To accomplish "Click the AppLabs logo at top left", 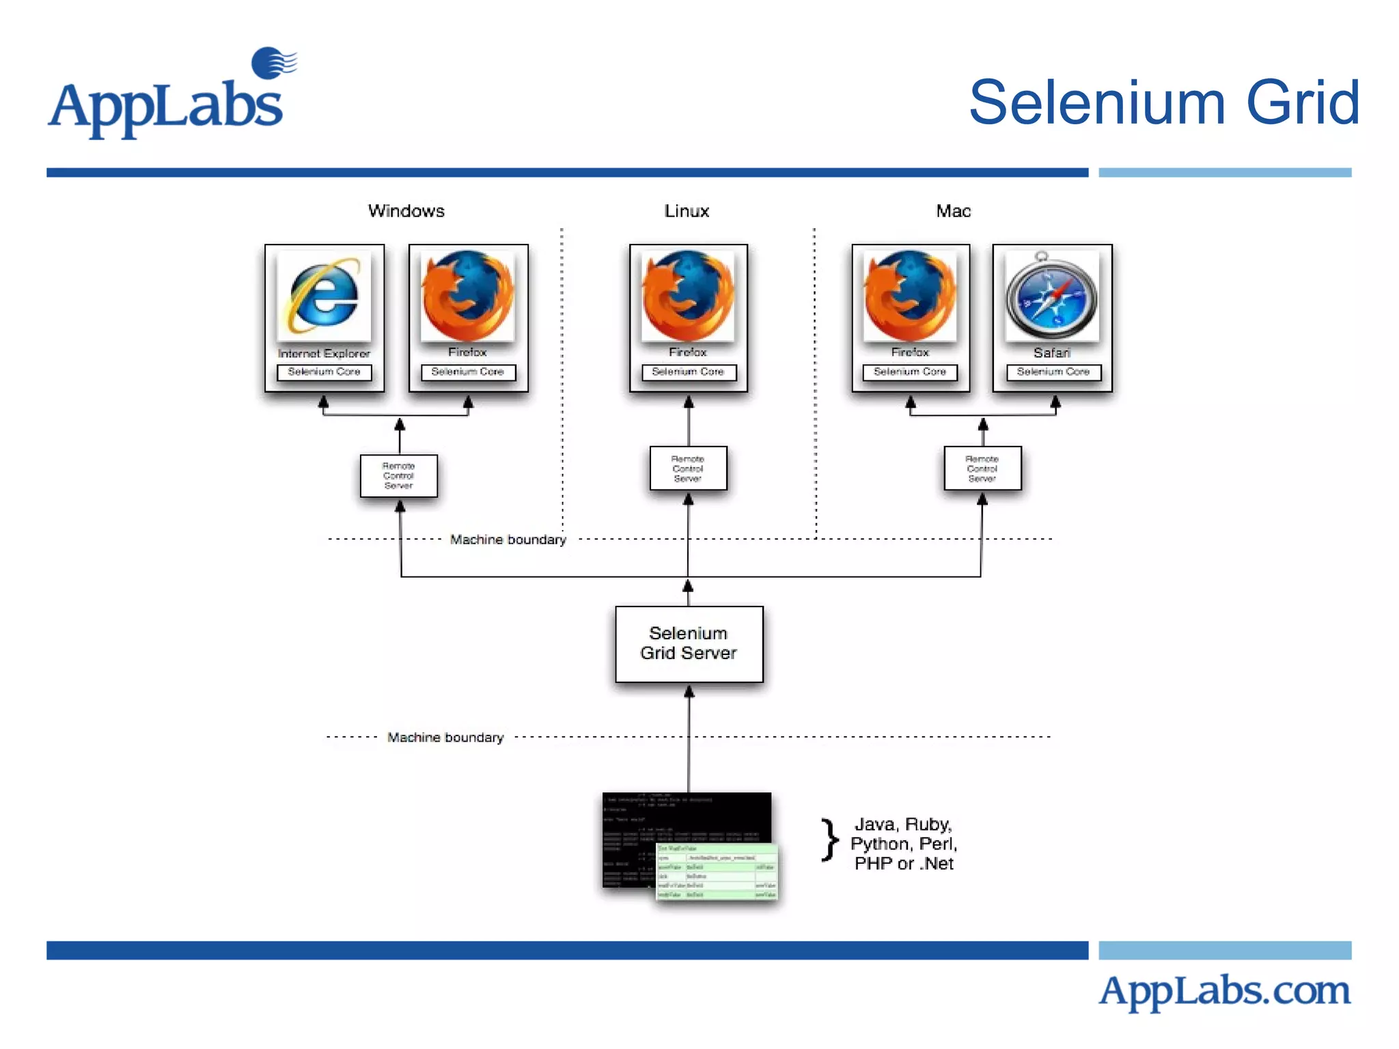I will [171, 96].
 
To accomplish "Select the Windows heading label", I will [406, 211].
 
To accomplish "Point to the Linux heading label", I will [687, 211].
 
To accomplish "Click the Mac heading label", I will [953, 211].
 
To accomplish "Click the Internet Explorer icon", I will [324, 296].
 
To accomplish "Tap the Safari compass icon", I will [1052, 296].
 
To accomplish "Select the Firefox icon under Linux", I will [688, 296].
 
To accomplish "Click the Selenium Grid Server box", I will [689, 643].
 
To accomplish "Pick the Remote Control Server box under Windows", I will [398, 476].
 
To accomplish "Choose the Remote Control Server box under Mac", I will [982, 468].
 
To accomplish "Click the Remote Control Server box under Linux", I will [688, 468].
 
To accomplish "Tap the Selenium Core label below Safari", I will [1053, 372].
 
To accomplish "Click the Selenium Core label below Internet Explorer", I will [324, 372].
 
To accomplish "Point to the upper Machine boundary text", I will [508, 540].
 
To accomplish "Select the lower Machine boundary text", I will [445, 738].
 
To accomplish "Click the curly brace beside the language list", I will [829, 840].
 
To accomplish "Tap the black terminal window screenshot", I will [656, 826].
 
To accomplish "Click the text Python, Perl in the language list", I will [903, 844].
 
